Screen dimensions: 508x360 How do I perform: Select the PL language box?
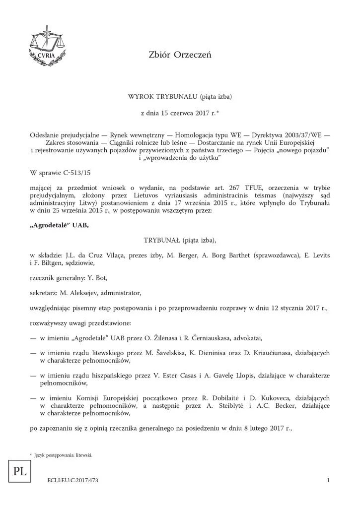pyautogui.click(x=20, y=471)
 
